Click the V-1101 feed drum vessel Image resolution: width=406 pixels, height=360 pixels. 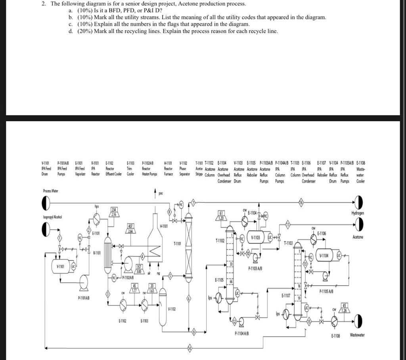click(x=61, y=266)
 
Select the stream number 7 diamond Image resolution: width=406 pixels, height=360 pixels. click(x=193, y=204)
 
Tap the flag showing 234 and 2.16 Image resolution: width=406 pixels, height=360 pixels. click(x=112, y=212)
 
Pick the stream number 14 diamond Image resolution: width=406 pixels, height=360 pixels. click(x=190, y=348)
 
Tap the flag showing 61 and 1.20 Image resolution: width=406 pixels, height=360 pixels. click(x=221, y=215)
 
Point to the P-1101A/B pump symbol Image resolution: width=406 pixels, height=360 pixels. click(x=84, y=282)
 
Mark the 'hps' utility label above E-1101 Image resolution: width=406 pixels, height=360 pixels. click(x=96, y=206)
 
